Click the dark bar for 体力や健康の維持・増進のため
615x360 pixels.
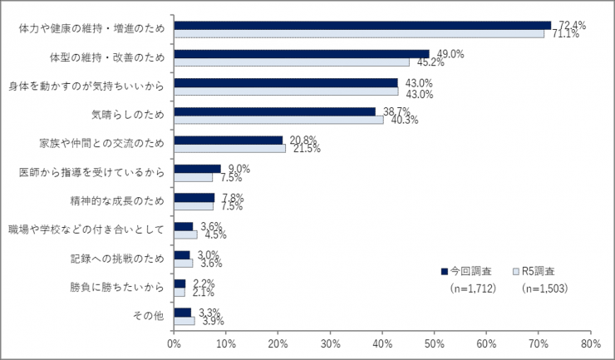pyautogui.click(x=362, y=25)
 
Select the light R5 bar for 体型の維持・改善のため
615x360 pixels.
pyautogui.click(x=292, y=62)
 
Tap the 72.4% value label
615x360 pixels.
pyautogui.click(x=573, y=25)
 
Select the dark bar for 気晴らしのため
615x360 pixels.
pyautogui.click(x=274, y=111)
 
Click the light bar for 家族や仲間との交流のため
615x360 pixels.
pyautogui.click(x=229, y=149)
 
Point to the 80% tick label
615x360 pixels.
pyautogui.click(x=590, y=341)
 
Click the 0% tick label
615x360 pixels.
pyautogui.click(x=174, y=341)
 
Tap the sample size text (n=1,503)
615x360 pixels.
pyautogui.click(x=544, y=289)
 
